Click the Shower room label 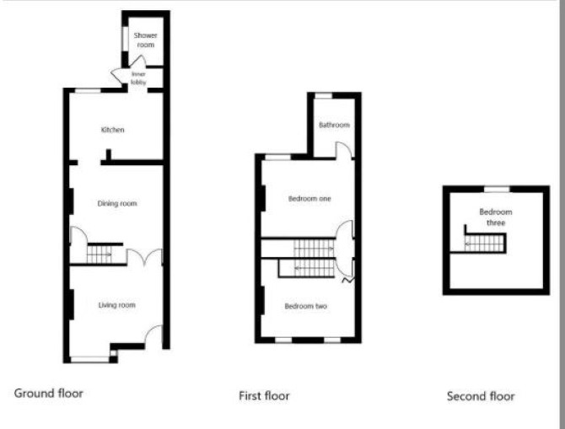click(146, 40)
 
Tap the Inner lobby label click(139, 78)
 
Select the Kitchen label click(112, 130)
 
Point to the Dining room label click(117, 203)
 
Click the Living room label click(117, 305)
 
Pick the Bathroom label click(335, 125)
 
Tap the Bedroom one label click(309, 198)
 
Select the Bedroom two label click(306, 306)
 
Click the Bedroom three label click(496, 217)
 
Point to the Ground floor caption click(49, 393)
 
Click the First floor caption click(264, 395)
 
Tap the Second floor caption click(481, 396)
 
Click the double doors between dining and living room click(144, 256)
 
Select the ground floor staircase click(100, 255)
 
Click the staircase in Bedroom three click(485, 244)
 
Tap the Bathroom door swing click(343, 150)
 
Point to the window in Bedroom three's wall click(497, 189)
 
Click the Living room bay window click(90, 359)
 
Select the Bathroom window click(323, 96)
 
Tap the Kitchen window click(88, 90)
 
